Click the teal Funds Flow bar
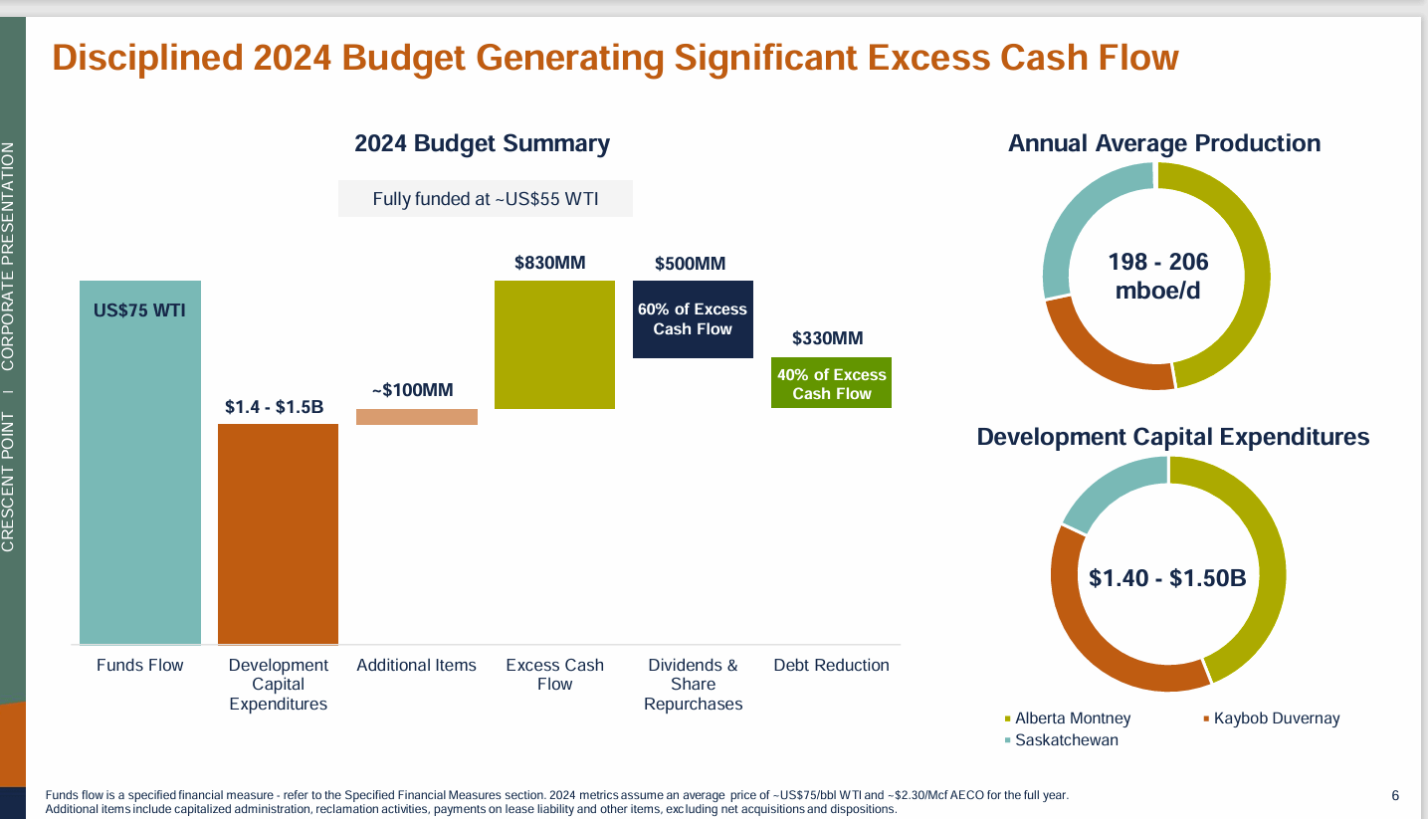point(140,463)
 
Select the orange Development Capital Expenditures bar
point(278,534)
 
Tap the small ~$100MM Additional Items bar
point(417,417)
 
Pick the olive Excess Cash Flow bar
point(554,344)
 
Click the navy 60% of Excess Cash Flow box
point(693,319)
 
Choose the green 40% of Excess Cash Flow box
point(831,383)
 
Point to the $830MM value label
point(549,263)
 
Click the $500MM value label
point(690,264)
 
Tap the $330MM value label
point(827,338)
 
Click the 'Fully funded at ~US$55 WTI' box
point(486,198)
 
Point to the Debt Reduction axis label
point(831,665)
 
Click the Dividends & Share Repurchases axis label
point(693,684)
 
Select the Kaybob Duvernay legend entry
point(1276,717)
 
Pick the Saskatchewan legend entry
point(1066,740)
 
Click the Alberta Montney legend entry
point(1072,717)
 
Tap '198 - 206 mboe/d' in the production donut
point(1157,276)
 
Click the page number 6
point(1394,795)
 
